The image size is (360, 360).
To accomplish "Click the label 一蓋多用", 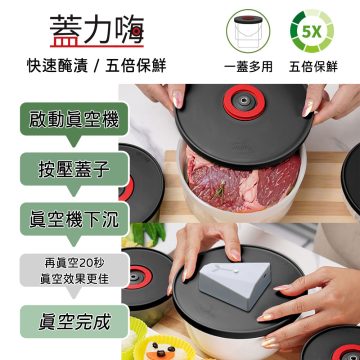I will click(x=255, y=69).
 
